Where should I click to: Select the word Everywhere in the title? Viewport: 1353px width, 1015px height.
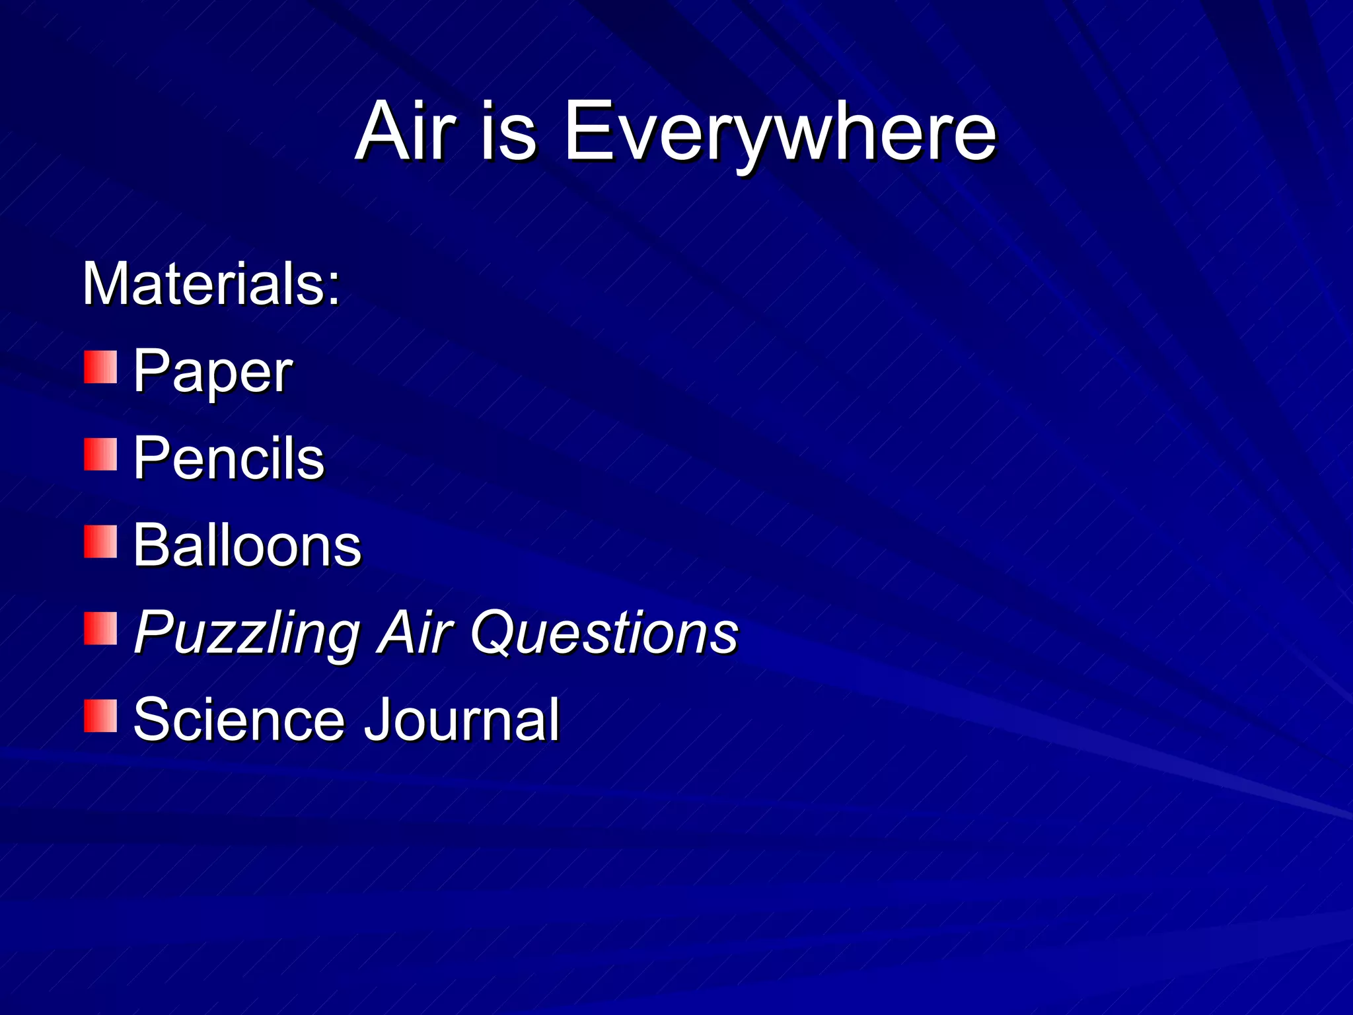(x=780, y=132)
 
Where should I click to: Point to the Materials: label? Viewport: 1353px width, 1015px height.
(x=211, y=284)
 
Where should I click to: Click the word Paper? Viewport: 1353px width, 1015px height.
(x=213, y=372)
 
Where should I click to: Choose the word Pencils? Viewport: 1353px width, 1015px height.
(x=229, y=458)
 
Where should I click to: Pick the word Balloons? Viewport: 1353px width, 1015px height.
(x=247, y=545)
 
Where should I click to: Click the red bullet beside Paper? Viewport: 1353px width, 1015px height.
(x=100, y=367)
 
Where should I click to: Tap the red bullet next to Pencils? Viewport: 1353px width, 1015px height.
(x=100, y=455)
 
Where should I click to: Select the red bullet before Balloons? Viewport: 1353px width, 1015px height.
(x=100, y=542)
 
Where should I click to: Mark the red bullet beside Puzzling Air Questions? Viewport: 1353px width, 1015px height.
(x=100, y=628)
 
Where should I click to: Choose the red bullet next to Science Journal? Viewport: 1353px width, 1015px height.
(x=100, y=716)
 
